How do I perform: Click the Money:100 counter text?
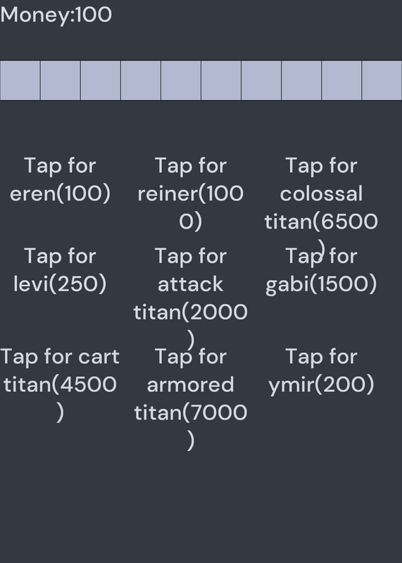click(56, 15)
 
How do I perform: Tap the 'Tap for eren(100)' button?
click(60, 180)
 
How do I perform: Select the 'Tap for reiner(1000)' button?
click(191, 194)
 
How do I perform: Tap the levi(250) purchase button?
click(60, 270)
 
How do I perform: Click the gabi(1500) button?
click(321, 271)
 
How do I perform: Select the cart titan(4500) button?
click(60, 384)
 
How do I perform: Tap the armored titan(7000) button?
click(191, 398)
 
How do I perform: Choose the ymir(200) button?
click(321, 372)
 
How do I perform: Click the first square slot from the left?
click(20, 80)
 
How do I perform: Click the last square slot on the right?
click(382, 80)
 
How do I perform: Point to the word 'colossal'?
click(321, 194)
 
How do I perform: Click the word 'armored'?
click(191, 384)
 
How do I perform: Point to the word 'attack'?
click(191, 284)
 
